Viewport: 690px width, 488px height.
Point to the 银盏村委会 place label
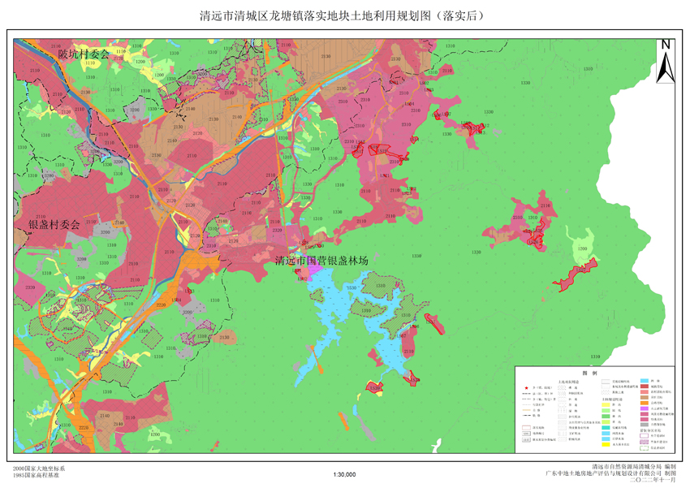[54, 225]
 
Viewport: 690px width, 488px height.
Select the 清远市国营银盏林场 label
[321, 261]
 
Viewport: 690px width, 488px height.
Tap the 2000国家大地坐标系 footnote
[39, 469]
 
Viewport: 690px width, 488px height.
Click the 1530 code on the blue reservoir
[351, 289]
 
